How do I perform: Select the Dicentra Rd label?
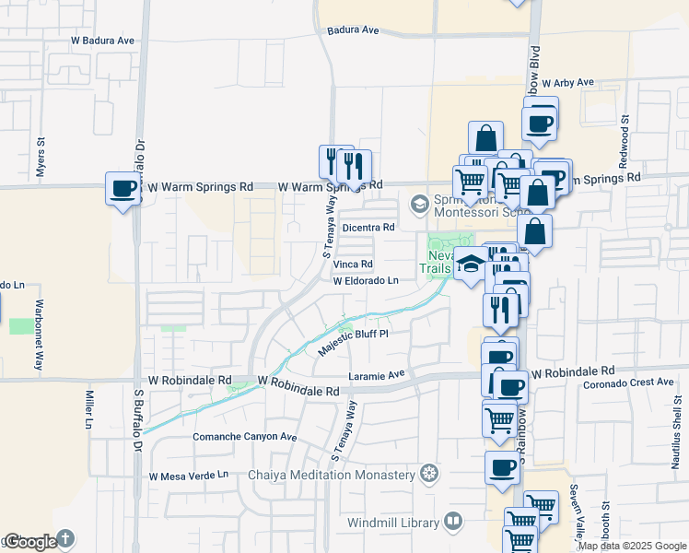tap(368, 227)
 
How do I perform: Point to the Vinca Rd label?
tap(354, 264)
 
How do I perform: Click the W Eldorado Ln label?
tap(366, 280)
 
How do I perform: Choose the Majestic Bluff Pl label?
tap(354, 342)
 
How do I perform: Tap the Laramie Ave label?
tap(377, 375)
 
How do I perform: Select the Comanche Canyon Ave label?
tap(244, 437)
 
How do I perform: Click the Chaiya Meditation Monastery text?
tap(332, 475)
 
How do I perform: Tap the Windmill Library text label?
tap(393, 523)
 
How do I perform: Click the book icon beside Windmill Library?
tap(452, 523)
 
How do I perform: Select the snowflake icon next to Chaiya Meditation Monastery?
tap(428, 475)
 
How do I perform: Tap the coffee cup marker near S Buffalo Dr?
tap(123, 190)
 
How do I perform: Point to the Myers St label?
tap(41, 156)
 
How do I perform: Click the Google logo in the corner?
tap(30, 542)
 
